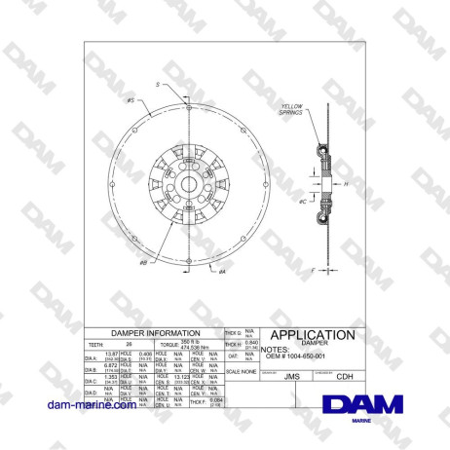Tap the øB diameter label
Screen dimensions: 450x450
144,262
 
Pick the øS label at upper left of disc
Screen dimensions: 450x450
131,100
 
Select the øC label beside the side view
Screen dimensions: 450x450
303,202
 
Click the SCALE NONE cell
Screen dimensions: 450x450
240,371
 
